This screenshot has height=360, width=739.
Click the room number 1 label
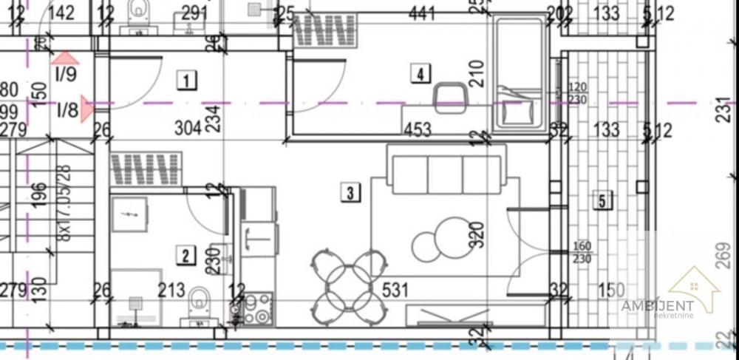click(188, 79)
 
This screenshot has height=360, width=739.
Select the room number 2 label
click(185, 256)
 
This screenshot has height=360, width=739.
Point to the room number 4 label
click(420, 74)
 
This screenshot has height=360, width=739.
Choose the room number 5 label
click(604, 200)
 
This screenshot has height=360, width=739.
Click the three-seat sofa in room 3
click(445, 174)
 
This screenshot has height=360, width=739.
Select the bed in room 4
click(521, 74)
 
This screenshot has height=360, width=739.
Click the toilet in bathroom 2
click(199, 305)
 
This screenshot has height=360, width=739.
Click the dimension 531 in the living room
click(395, 291)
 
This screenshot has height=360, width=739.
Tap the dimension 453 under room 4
click(418, 130)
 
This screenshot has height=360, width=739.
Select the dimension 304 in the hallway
click(188, 128)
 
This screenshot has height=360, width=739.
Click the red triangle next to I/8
click(87, 109)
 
